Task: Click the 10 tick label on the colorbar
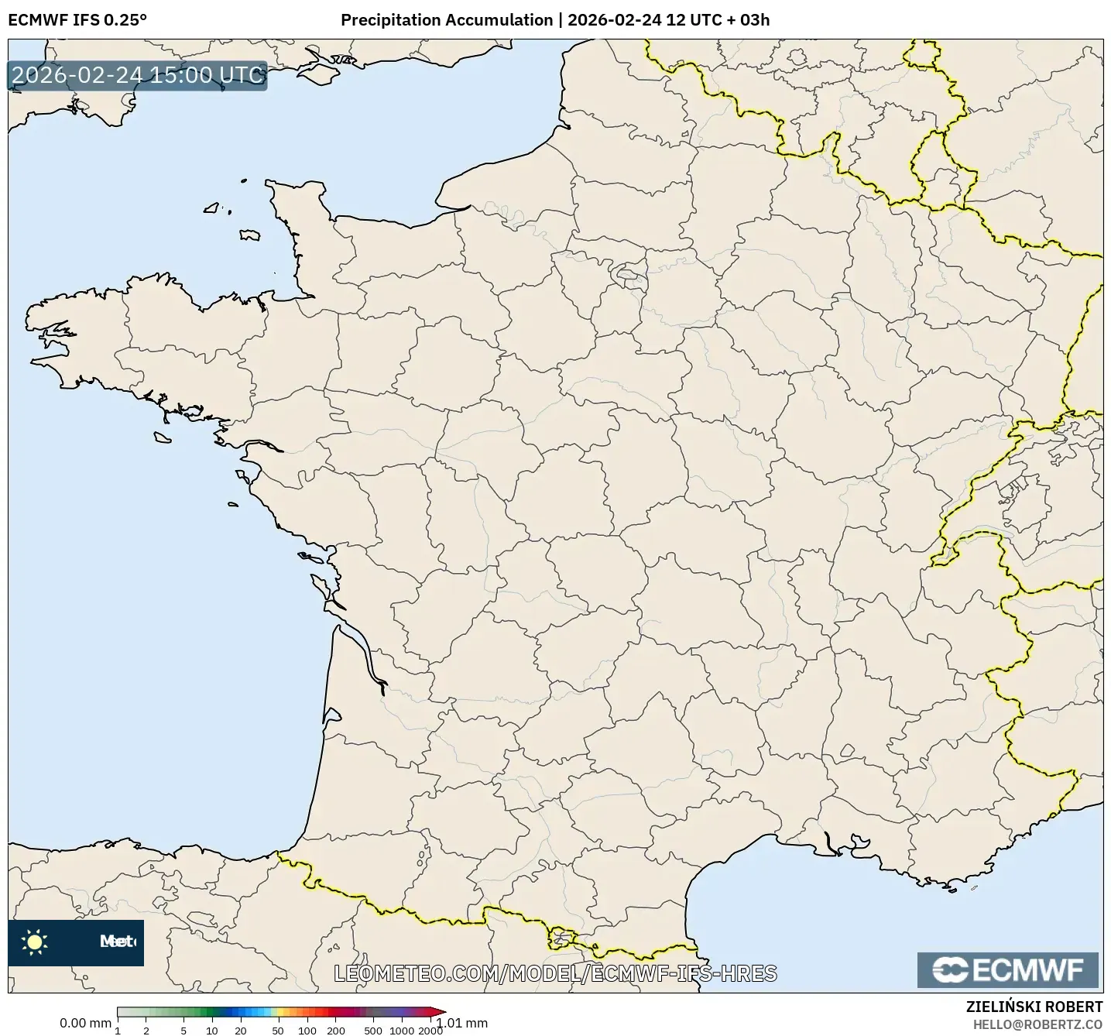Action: click(x=212, y=1031)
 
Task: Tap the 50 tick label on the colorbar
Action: click(x=278, y=1031)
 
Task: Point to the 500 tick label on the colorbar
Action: click(x=373, y=1031)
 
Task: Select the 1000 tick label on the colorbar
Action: click(x=402, y=1031)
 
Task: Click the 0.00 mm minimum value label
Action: click(x=85, y=1023)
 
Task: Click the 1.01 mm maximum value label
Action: click(x=462, y=1023)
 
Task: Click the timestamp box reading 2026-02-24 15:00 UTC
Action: click(x=138, y=75)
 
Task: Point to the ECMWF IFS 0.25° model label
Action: click(x=77, y=20)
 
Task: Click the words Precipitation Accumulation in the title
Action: click(x=447, y=20)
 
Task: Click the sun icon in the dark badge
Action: click(x=35, y=942)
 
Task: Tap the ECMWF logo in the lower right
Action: click(x=1007, y=970)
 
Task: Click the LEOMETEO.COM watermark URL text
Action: click(x=555, y=973)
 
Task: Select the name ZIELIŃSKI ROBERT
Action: click(x=1034, y=1007)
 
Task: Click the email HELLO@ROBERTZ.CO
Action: click(x=1037, y=1024)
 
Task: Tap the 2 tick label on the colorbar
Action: click(x=146, y=1031)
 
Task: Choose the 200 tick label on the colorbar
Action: click(x=335, y=1031)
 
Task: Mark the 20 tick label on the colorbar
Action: click(x=241, y=1031)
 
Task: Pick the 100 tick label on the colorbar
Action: click(x=307, y=1031)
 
